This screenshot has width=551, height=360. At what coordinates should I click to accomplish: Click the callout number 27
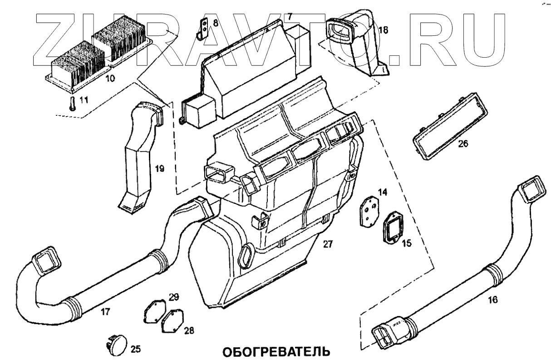(328, 244)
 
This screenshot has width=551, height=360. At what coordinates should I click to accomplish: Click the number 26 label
(462, 144)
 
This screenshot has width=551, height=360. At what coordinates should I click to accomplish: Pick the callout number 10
(110, 78)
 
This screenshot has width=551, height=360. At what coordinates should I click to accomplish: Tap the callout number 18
(384, 30)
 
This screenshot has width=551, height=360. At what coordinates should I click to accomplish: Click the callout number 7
(290, 16)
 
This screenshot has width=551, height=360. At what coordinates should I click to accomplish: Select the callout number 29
(174, 297)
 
